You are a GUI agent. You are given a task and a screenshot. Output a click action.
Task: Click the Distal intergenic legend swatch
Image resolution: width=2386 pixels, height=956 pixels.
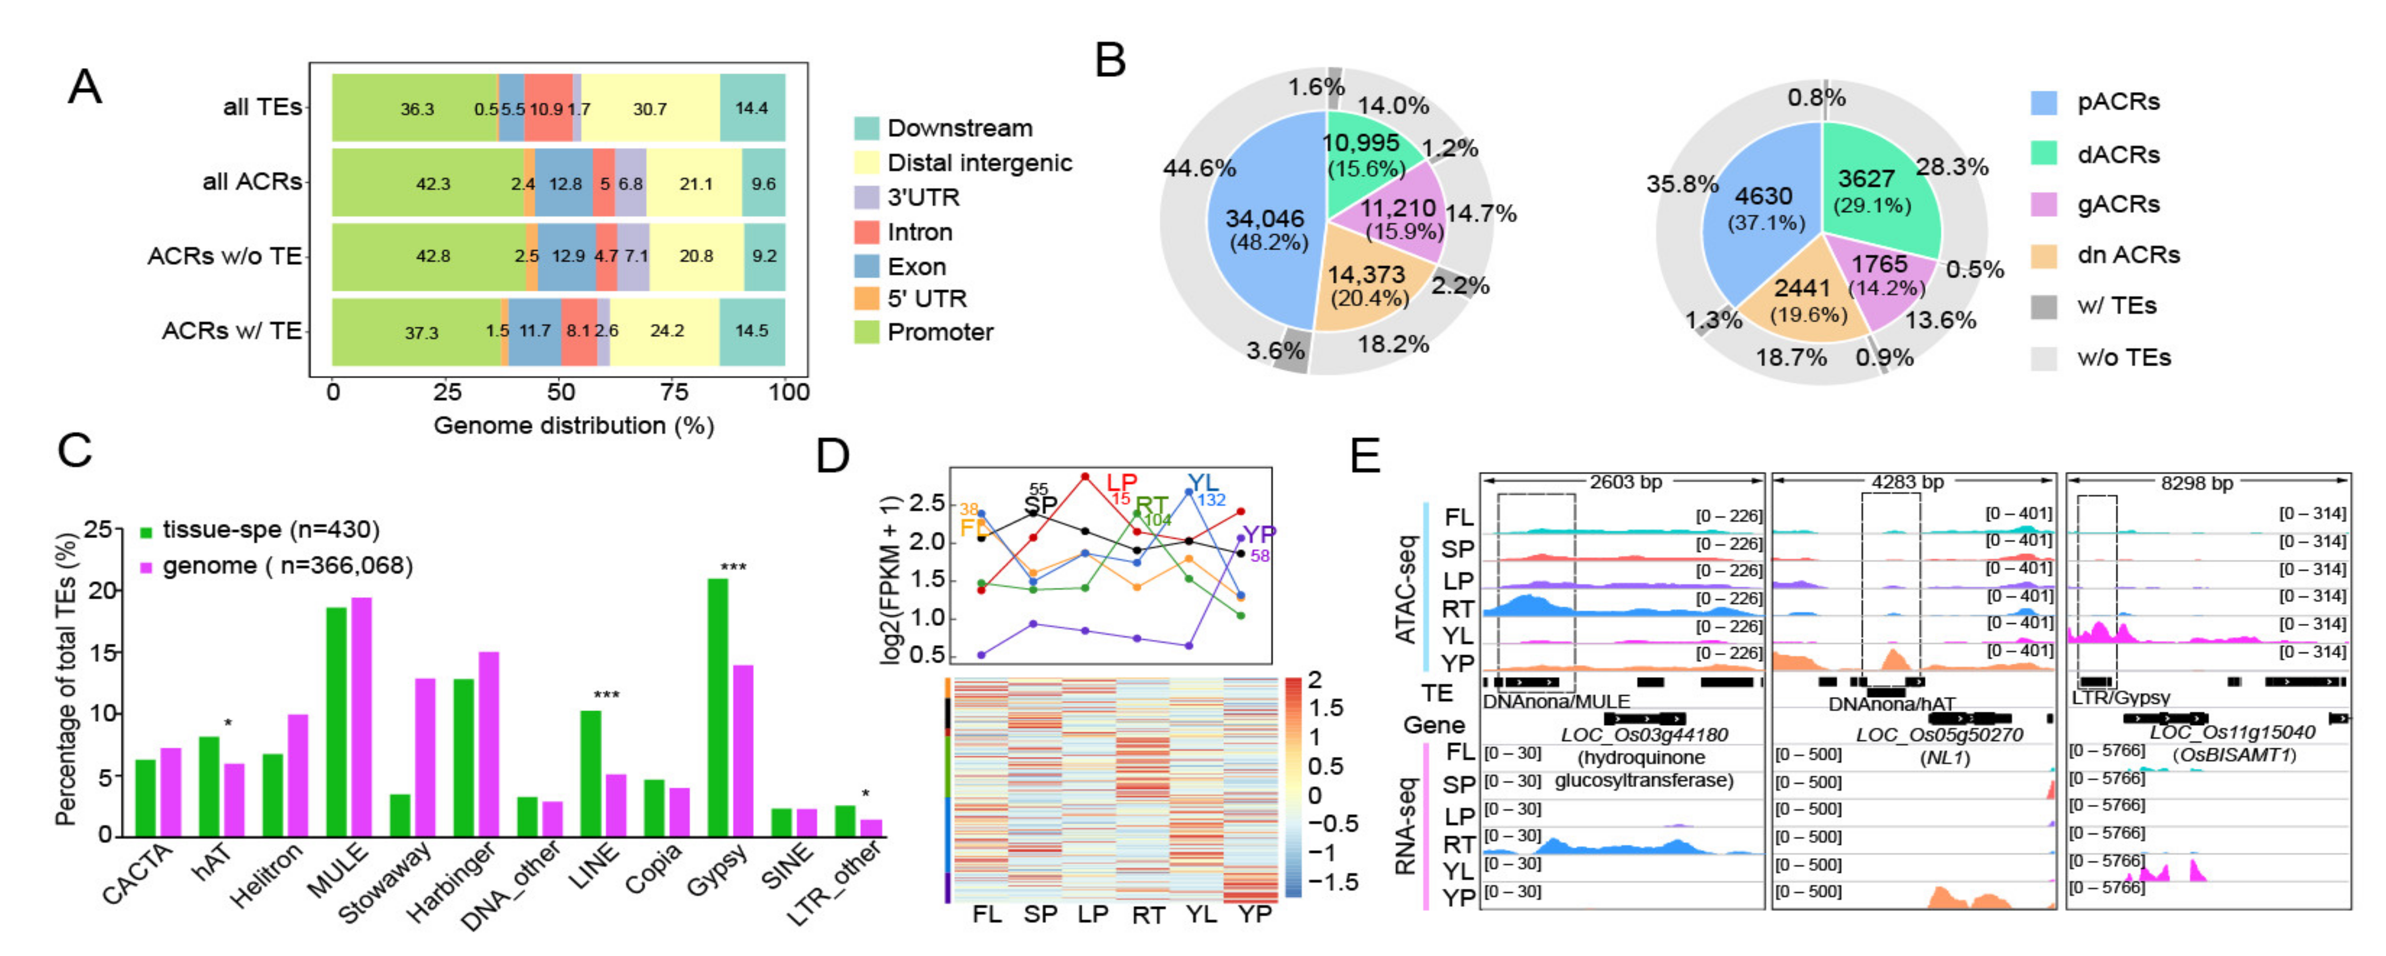pos(866,163)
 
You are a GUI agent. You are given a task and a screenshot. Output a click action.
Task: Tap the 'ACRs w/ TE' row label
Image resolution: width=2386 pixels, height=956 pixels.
pos(231,331)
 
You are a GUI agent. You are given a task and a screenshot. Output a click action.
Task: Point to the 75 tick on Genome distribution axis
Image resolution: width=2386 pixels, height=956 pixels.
pos(674,392)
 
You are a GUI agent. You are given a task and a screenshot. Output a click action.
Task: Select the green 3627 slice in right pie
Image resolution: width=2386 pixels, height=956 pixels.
pos(1876,190)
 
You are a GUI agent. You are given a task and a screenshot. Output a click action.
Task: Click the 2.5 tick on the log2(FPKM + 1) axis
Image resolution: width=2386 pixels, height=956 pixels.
pos(926,503)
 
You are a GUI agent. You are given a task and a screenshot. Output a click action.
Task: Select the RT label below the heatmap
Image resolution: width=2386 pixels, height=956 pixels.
pos(1148,915)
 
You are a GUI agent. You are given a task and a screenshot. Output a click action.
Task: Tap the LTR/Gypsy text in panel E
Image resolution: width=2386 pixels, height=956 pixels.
pos(2120,697)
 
